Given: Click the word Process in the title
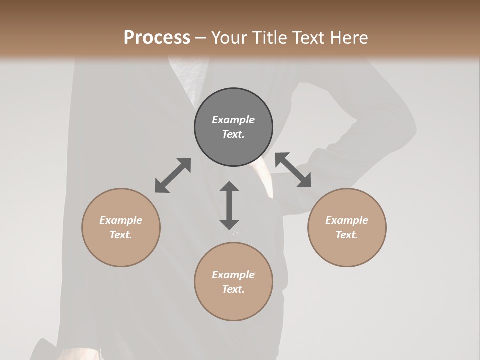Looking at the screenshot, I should tap(157, 38).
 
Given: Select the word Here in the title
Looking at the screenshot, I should tap(348, 38).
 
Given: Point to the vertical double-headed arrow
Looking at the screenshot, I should tap(229, 205).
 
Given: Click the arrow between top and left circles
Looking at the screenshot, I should tap(173, 175).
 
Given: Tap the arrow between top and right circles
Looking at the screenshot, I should tap(293, 170).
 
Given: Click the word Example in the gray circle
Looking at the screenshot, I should tap(233, 120).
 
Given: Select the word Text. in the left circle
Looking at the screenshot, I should tap(121, 235).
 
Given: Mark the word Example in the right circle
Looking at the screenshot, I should tap(347, 220).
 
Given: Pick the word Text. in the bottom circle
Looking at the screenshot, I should tap(233, 289).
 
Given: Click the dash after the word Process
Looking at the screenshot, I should tap(201, 38).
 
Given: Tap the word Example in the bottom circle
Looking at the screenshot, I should tap(233, 275).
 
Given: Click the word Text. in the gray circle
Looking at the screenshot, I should tap(233, 134).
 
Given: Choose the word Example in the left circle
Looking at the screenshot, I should tap(121, 220).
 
